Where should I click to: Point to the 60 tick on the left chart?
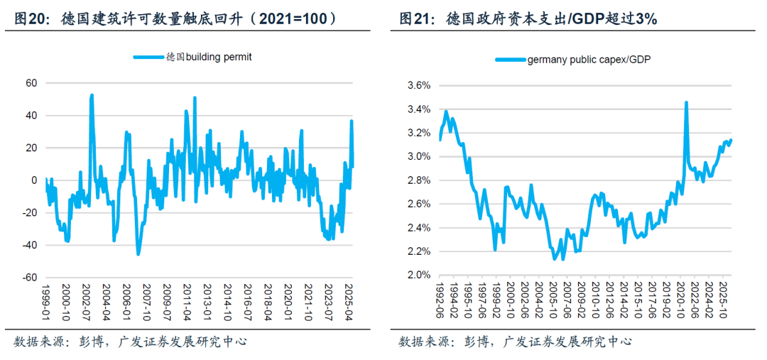pos(31,83)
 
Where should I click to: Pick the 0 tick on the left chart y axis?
pos(34,180)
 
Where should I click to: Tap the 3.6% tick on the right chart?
pos(419,85)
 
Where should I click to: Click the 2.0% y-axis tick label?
pos(419,275)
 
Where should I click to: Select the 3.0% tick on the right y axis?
pos(419,156)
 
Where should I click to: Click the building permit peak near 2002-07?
pos(92,95)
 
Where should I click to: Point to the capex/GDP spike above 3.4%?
pos(686,102)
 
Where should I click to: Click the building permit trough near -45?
pos(138,253)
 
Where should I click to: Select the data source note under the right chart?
pos(515,342)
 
